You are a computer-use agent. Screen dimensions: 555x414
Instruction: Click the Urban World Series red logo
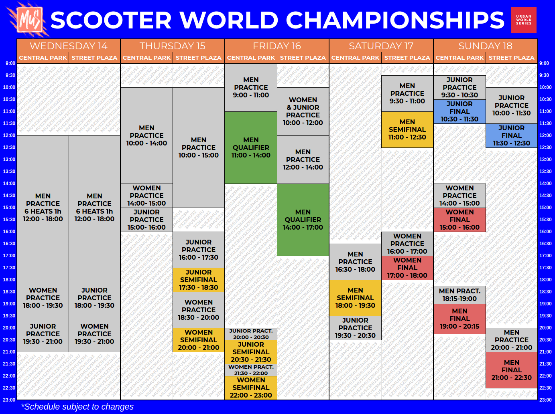(x=523, y=20)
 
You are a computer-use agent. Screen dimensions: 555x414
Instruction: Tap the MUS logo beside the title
(x=30, y=20)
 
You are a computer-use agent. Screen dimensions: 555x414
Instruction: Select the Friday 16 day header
(x=276, y=46)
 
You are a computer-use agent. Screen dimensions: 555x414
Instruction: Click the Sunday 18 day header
(x=485, y=46)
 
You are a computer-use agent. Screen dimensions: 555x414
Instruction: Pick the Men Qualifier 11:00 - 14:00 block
(x=251, y=147)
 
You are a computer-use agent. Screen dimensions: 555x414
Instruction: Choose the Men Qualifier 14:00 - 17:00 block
(x=303, y=220)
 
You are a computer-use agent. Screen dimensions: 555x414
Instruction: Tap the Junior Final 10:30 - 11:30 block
(x=459, y=111)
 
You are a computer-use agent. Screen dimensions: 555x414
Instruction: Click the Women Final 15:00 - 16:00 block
(x=459, y=220)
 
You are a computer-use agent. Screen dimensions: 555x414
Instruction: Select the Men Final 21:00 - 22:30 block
(x=511, y=370)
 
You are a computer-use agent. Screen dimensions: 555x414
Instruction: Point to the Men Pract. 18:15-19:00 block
(x=459, y=295)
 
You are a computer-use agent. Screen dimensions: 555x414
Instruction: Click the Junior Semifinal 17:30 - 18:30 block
(x=199, y=280)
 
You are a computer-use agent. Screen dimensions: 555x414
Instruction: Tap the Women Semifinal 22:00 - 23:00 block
(x=251, y=388)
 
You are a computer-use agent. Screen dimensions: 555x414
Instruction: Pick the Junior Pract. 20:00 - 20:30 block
(x=251, y=334)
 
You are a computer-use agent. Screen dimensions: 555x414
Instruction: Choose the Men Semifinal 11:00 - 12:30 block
(x=407, y=129)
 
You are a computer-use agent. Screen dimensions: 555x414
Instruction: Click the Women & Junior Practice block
(x=303, y=111)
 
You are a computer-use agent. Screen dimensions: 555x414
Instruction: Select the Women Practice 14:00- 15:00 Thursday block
(x=146, y=196)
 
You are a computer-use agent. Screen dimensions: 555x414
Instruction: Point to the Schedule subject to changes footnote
(x=77, y=407)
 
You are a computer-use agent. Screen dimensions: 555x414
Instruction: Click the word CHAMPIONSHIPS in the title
(x=395, y=20)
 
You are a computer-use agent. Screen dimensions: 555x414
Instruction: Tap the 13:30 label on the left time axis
(x=9, y=172)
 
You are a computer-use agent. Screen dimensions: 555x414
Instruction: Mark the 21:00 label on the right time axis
(x=545, y=351)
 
